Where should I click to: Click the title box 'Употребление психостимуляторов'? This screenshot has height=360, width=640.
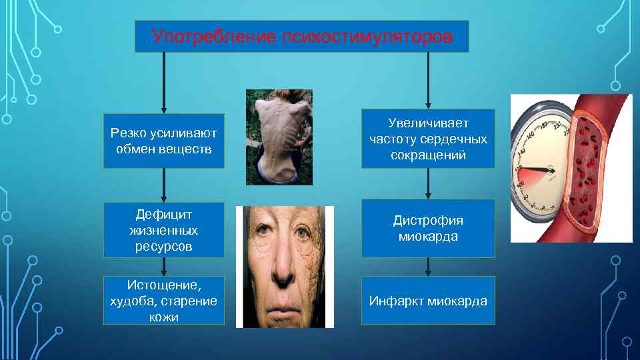tap(301, 36)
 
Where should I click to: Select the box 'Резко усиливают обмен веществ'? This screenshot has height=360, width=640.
tap(164, 141)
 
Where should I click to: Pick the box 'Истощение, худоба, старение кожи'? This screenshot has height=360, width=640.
tap(164, 301)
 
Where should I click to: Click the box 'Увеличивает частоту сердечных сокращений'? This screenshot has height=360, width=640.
tap(428, 139)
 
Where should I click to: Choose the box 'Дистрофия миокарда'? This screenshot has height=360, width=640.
tap(428, 229)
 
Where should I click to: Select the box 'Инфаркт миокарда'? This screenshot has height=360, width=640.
tap(428, 301)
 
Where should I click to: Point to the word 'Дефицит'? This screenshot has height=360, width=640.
tap(164, 214)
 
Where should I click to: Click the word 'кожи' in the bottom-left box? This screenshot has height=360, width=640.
tap(164, 316)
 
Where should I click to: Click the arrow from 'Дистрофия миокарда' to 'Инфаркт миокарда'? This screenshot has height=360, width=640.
tap(428, 267)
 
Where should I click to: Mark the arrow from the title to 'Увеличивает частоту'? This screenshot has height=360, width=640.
tap(428, 80)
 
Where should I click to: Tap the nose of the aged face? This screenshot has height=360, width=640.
tap(283, 263)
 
